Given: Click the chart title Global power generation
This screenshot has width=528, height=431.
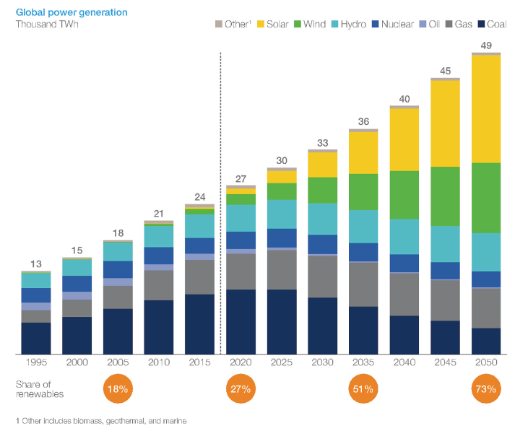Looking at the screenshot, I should (61, 12).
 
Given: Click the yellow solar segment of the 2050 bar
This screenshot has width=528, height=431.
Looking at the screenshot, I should (486, 108).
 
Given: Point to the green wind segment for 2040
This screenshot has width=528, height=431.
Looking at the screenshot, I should (404, 195).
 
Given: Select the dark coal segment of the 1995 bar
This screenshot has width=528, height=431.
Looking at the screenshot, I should (35, 338).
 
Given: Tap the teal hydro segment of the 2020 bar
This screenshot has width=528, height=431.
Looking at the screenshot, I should (241, 218).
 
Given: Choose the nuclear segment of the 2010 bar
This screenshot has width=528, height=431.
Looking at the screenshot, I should (159, 256).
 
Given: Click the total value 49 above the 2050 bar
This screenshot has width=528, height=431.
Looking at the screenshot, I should (486, 46).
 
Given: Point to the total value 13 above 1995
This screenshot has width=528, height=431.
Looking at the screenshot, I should (35, 264).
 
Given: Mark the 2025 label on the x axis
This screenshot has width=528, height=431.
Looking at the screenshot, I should (282, 362).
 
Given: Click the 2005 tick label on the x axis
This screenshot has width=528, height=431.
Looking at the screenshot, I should (118, 362).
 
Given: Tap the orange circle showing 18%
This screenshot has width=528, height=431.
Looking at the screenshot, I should (118, 389).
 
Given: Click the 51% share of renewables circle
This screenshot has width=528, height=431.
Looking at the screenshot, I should (363, 389).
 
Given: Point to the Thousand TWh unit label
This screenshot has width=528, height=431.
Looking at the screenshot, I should (46, 24).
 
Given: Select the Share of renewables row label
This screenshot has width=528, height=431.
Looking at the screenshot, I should (40, 389).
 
